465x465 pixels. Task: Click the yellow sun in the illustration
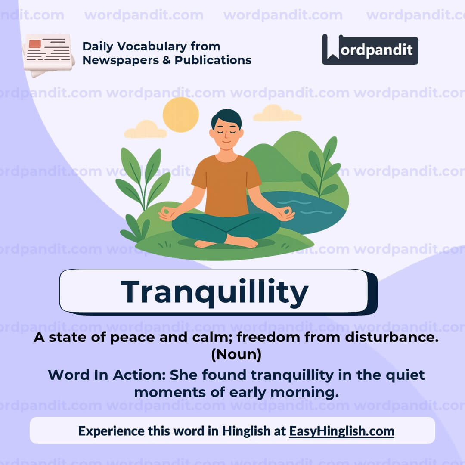pos(181,115)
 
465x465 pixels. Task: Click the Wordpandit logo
pos(370,50)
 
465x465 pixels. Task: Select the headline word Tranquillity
pos(214,291)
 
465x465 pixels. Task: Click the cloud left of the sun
pos(146,130)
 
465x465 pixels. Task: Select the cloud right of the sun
pos(277,113)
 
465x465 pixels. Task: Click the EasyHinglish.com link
pos(341,431)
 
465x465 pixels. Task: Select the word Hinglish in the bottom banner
pos(245,431)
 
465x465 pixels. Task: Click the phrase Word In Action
pos(106,375)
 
